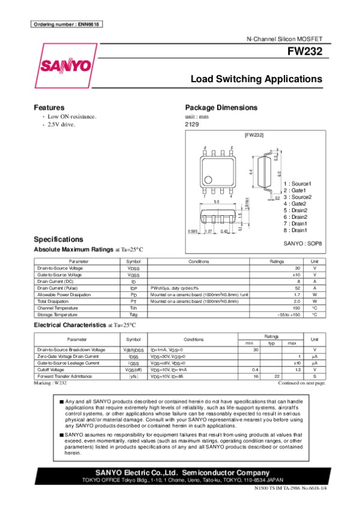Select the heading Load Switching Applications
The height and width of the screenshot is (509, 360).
point(256,79)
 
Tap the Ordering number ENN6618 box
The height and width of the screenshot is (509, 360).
point(65,24)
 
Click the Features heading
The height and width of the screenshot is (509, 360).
point(49,107)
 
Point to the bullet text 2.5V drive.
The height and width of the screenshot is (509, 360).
point(61,124)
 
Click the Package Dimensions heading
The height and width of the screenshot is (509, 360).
point(221,107)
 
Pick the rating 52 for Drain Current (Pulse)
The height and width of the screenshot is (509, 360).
point(296,288)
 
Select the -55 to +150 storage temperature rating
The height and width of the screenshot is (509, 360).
point(289,315)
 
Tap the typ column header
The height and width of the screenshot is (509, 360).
point(271,342)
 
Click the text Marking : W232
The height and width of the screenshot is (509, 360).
point(50,382)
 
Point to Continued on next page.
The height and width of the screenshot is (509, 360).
point(301,382)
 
